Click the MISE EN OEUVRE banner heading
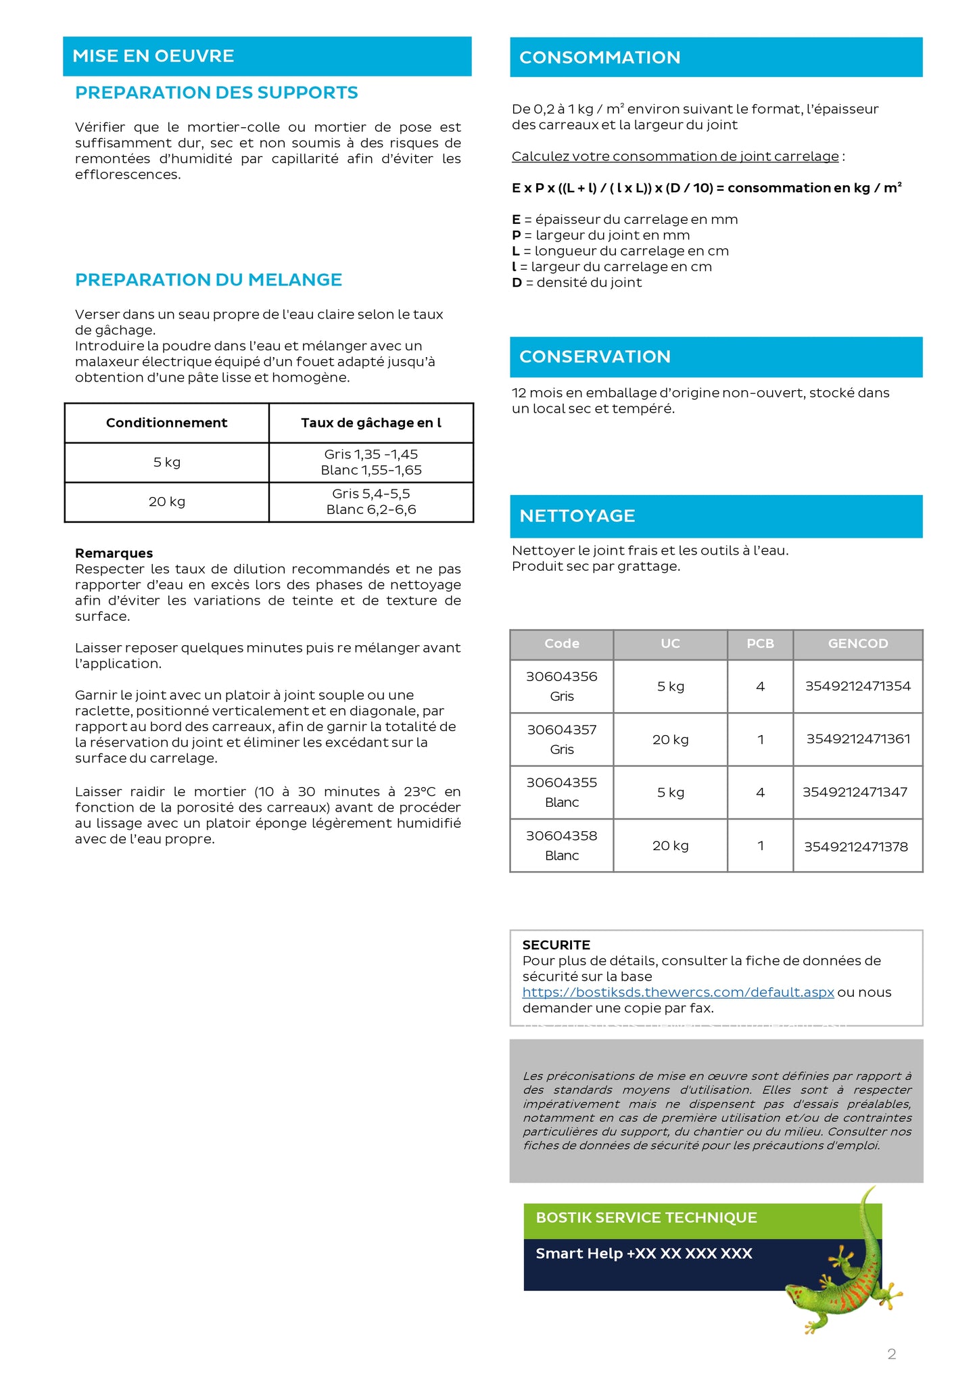(153, 56)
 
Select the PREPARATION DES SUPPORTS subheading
(216, 93)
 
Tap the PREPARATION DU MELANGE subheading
(208, 280)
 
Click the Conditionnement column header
(166, 423)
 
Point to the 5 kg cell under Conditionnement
(166, 463)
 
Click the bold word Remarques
(114, 553)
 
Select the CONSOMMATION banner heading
(600, 57)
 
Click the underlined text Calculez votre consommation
(675, 156)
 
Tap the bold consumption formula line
(707, 188)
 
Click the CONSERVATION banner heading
(595, 357)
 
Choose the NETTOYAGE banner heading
(577, 516)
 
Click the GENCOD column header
(857, 644)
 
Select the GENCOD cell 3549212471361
(857, 739)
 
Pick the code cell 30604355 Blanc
(562, 792)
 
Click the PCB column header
(760, 644)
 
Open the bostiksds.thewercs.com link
(678, 992)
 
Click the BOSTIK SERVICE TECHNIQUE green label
(646, 1218)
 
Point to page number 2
(892, 1354)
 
